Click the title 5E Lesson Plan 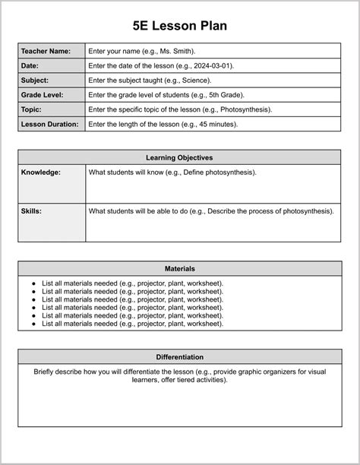179,26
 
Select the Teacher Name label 46,51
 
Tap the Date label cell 30,65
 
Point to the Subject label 35,80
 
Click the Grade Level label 42,95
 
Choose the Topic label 32,109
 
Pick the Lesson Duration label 49,124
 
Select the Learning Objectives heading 179,157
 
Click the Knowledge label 40,172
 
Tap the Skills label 31,210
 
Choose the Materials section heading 179,268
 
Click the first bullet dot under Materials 33,283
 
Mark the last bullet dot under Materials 33,324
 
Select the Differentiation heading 179,356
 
